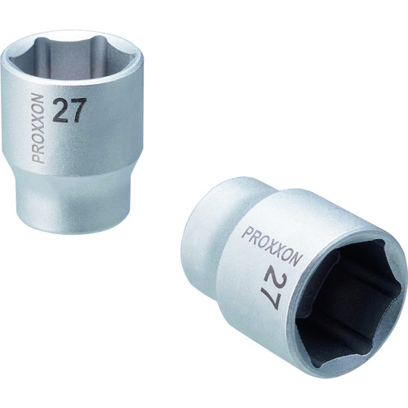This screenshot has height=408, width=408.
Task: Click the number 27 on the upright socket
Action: coord(69,112)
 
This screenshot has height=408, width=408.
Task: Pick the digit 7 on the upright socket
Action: coord(78,112)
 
